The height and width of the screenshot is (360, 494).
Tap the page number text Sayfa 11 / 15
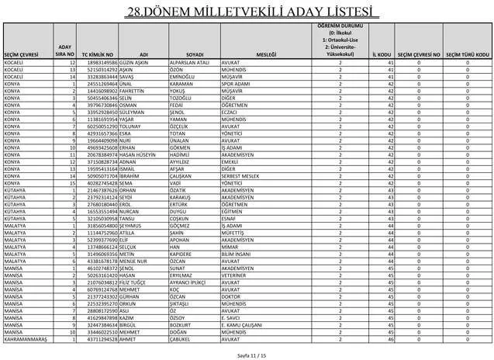(247, 353)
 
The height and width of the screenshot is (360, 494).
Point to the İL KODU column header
(380, 54)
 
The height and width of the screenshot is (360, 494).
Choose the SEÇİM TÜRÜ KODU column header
(467, 54)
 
